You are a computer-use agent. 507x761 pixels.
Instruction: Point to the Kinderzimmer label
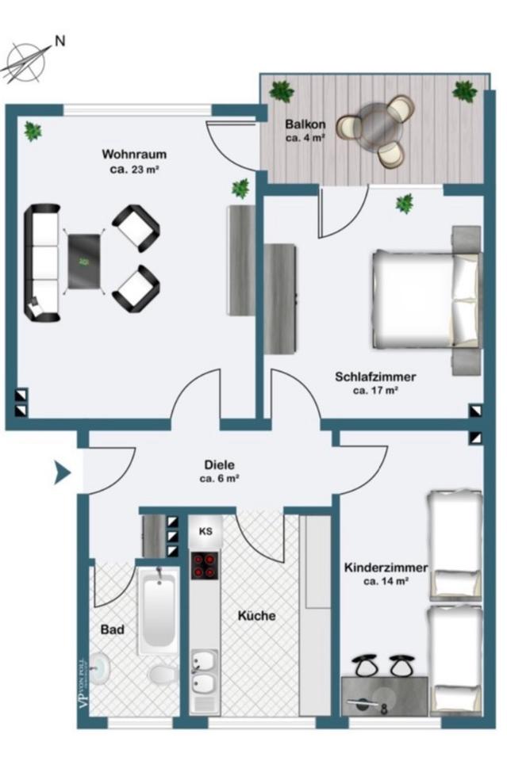pyautogui.click(x=386, y=568)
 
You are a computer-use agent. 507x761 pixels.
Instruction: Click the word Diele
pyautogui.click(x=219, y=465)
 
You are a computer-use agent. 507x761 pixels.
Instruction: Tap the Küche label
pyautogui.click(x=256, y=615)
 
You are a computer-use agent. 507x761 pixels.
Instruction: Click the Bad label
pyautogui.click(x=113, y=630)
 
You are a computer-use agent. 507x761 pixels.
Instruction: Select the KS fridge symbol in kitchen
pyautogui.click(x=205, y=531)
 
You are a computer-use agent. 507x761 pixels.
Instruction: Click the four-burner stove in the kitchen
pyautogui.click(x=205, y=565)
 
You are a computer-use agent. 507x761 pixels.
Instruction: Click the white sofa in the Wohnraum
pyautogui.click(x=44, y=262)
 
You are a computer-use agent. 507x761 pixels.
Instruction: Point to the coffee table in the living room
pyautogui.click(x=84, y=261)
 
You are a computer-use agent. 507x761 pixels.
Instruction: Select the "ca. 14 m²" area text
pyautogui.click(x=386, y=581)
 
